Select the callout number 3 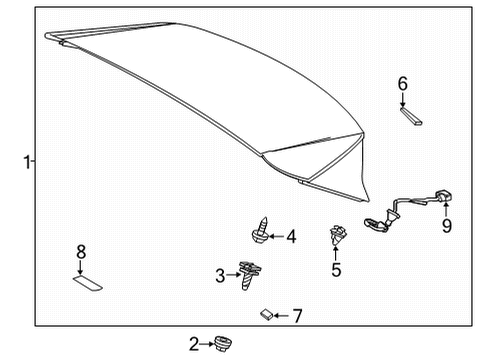tap(220, 275)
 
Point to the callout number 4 tap(291, 238)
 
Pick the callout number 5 tap(336, 269)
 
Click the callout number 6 tap(403, 84)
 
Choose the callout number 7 tap(297, 316)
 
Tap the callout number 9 tap(448, 226)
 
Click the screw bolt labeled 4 tap(260, 233)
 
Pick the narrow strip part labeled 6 tap(410, 117)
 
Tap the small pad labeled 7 tap(266, 315)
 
